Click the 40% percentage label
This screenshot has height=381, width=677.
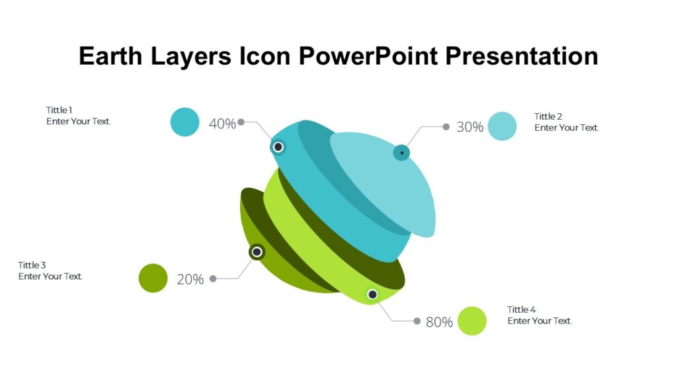pyautogui.click(x=222, y=124)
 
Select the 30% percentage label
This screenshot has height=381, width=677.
pyautogui.click(x=470, y=127)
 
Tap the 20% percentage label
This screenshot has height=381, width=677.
pyautogui.click(x=190, y=279)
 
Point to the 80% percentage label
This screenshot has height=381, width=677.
pyautogui.click(x=439, y=322)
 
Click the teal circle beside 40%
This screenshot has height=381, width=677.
pyautogui.click(x=185, y=122)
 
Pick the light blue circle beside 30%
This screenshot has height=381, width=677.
pyautogui.click(x=502, y=126)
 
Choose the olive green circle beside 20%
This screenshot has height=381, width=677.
pyautogui.click(x=153, y=278)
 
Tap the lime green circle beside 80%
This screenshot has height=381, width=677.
pyautogui.click(x=472, y=321)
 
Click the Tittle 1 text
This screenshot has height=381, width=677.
pyautogui.click(x=60, y=110)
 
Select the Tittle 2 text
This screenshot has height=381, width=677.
pyautogui.click(x=549, y=116)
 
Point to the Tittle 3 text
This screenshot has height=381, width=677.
pyautogui.click(x=32, y=265)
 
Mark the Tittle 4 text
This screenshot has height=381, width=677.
pyautogui.click(x=522, y=310)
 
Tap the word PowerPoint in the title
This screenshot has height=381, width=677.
pyautogui.click(x=368, y=56)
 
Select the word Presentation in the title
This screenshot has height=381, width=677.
pyautogui.click(x=522, y=56)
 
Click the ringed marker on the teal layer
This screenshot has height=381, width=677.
pyautogui.click(x=278, y=147)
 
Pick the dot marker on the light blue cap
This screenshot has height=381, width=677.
pyautogui.click(x=401, y=153)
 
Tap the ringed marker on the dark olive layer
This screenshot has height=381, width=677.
pyautogui.click(x=257, y=252)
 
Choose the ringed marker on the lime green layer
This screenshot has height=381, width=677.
pyautogui.click(x=372, y=294)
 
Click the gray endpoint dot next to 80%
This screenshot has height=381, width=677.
pyautogui.click(x=417, y=321)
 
